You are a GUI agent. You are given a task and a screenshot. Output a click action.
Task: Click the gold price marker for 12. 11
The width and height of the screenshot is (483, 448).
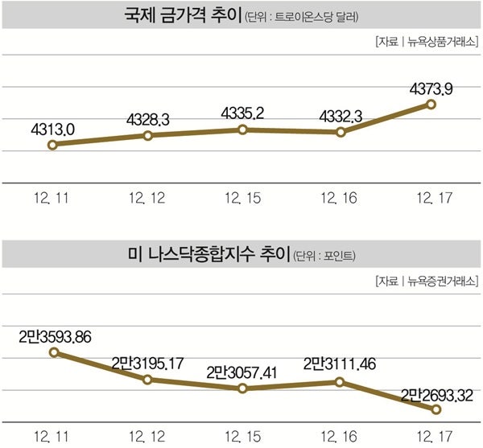[52, 145]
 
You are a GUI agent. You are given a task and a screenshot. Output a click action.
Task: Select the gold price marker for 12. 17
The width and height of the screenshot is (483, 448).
[431, 104]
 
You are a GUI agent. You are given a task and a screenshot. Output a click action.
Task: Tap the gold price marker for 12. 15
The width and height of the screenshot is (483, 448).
[243, 129]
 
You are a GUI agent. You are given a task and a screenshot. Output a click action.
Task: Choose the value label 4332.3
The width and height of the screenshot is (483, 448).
[337, 116]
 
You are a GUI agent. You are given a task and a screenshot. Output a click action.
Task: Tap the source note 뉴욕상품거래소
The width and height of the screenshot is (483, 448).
[442, 41]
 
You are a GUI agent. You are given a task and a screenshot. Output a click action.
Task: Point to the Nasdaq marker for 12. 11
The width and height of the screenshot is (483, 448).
[52, 351]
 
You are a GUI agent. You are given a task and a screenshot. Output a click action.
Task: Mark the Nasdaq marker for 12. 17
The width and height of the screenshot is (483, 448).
[436, 409]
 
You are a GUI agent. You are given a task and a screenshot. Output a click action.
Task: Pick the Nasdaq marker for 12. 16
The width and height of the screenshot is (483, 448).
[338, 382]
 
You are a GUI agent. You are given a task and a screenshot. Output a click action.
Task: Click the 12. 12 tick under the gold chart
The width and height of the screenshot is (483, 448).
[147, 198]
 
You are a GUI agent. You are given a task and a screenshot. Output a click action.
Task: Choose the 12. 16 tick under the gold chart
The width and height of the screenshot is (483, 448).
[337, 198]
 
